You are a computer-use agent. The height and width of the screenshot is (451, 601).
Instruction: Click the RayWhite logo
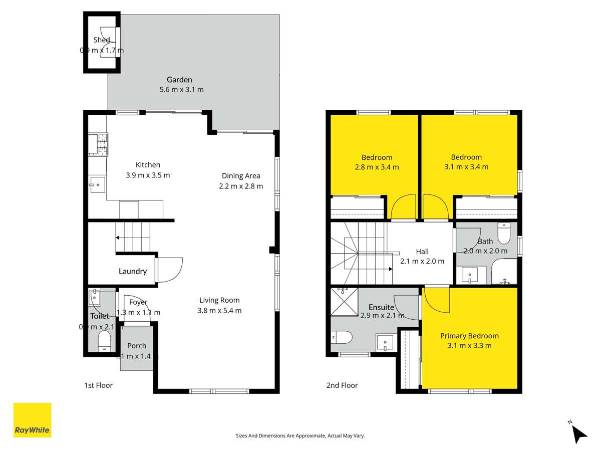pyautogui.click(x=32, y=420)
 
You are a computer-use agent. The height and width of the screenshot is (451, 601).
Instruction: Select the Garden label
pyautogui.click(x=179, y=80)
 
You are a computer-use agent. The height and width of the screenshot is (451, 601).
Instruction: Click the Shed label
pyautogui.click(x=102, y=40)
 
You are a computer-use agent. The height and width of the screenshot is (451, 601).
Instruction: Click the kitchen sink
pyautogui.click(x=97, y=185)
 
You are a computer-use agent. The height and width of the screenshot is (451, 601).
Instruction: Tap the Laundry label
pyautogui.click(x=133, y=271)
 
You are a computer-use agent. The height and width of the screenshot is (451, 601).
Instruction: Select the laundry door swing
pyautogui.click(x=170, y=270)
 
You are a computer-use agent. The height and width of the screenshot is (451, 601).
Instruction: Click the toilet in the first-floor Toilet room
pyautogui.click(x=104, y=342)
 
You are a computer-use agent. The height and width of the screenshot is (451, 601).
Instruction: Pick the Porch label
pyautogui.click(x=137, y=346)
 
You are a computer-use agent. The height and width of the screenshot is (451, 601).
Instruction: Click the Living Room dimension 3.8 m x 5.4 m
pyautogui.click(x=219, y=310)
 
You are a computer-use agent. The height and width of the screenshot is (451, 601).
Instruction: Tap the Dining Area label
pyautogui.click(x=241, y=176)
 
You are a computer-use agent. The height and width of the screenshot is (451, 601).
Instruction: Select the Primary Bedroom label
pyautogui.click(x=469, y=336)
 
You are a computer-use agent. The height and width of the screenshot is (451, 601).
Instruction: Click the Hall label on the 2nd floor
pyautogui.click(x=422, y=252)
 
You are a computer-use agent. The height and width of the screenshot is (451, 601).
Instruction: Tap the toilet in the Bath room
pyautogui.click(x=503, y=234)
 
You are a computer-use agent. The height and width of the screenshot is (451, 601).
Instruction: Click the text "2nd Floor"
pyautogui.click(x=342, y=385)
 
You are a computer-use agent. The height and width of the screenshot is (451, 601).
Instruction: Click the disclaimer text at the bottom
pyautogui.click(x=300, y=436)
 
